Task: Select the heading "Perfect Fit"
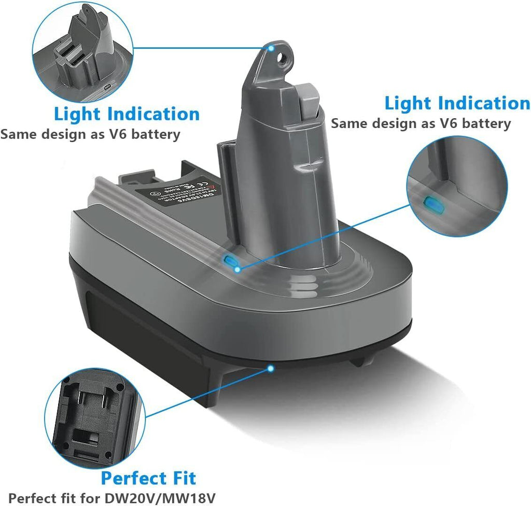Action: [x=148, y=478]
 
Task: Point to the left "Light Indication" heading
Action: [x=127, y=114]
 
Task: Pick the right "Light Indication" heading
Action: [x=457, y=103]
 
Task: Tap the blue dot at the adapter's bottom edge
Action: [x=270, y=368]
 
